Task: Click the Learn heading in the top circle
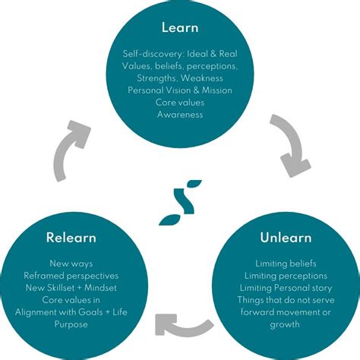click(x=179, y=28)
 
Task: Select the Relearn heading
click(x=70, y=238)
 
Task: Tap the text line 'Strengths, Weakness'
click(x=179, y=77)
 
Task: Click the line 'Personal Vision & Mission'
click(x=179, y=90)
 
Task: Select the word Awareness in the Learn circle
click(x=179, y=114)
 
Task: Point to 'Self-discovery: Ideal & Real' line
click(x=179, y=53)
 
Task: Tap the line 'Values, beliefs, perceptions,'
click(x=179, y=65)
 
